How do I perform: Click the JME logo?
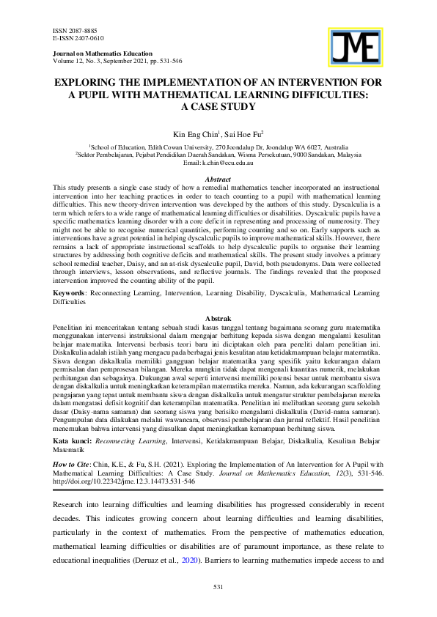click(357, 50)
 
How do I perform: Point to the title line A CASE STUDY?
click(218, 106)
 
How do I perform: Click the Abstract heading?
click(218, 180)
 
